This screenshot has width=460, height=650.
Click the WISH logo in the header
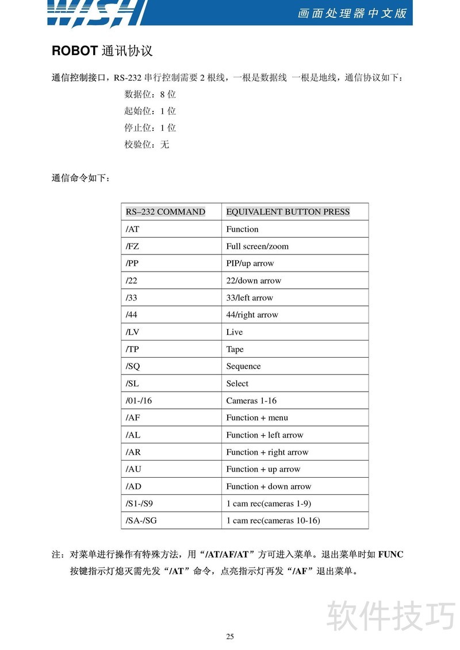point(95,13)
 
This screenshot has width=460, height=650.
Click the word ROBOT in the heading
point(75,51)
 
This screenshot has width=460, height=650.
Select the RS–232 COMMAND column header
point(166,212)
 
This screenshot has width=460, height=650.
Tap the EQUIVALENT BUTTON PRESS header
point(287,212)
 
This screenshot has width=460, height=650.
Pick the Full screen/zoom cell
point(258,246)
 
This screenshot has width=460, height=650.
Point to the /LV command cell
point(132,332)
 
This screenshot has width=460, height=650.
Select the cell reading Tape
point(235,349)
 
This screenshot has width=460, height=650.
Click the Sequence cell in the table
point(243,366)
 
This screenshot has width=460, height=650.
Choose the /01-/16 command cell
point(139,401)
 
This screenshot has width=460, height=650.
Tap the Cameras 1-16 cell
point(251,401)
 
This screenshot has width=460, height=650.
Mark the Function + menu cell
point(257,418)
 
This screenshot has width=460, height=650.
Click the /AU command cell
point(133,469)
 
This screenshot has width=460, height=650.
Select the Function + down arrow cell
point(269,486)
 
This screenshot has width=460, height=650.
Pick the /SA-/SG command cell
point(142,521)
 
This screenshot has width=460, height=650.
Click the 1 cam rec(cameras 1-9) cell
point(269,504)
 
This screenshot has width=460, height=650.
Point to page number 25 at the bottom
point(230,636)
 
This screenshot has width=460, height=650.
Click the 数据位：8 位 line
point(150,95)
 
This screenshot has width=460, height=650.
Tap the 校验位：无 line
point(147,145)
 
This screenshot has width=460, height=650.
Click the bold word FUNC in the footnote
point(391,555)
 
